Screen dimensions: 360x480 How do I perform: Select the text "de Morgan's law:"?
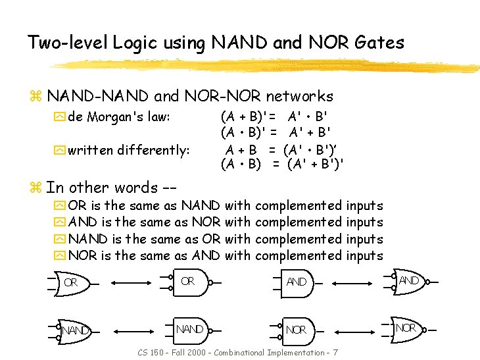pos(119,117)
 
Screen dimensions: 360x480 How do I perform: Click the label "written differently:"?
pos(129,150)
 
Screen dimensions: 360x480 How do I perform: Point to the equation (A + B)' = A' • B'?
pos(275,117)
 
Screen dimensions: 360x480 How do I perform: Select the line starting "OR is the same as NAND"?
pos(225,206)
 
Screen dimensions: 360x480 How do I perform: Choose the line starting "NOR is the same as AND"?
pos(225,255)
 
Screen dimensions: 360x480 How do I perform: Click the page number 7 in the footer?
pos(335,353)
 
